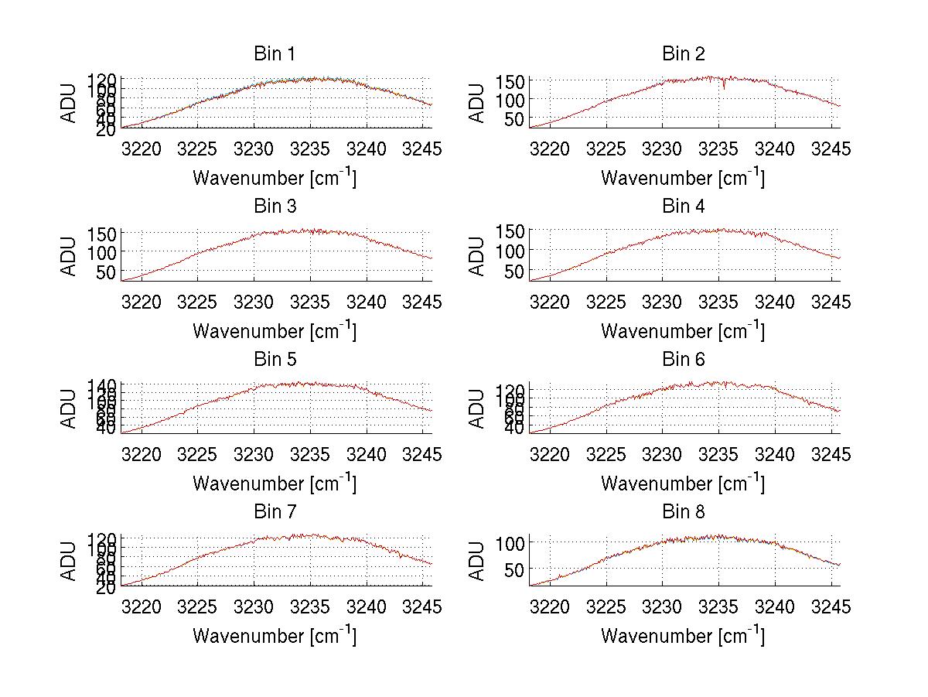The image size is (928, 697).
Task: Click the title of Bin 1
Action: tap(275, 54)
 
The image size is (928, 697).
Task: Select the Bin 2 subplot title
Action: tap(684, 54)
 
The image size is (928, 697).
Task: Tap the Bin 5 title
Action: tap(275, 360)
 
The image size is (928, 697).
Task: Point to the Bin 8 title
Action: tap(684, 512)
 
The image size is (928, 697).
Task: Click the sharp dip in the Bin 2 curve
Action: tap(724, 87)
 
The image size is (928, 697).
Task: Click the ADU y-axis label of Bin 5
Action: tap(70, 408)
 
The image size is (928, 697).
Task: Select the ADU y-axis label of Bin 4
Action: tap(478, 255)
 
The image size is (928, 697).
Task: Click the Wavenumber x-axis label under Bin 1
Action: tap(275, 178)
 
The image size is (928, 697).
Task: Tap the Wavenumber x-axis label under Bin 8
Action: tap(684, 636)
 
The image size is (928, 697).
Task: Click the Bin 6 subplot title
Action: tap(684, 360)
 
